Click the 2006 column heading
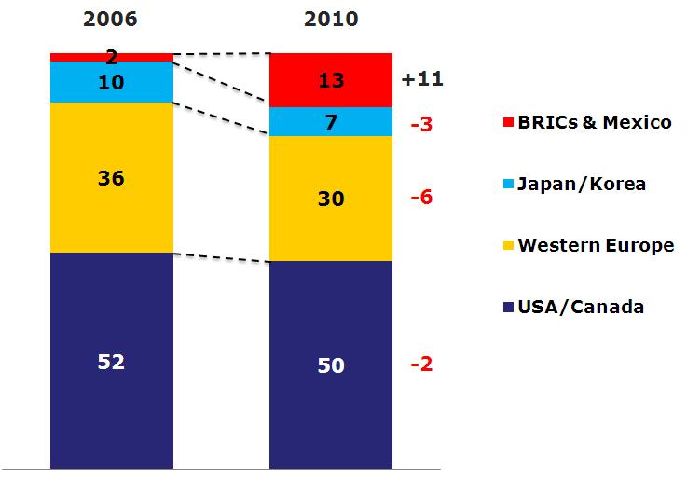click(110, 20)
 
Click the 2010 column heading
click(331, 20)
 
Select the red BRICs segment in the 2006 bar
click(112, 58)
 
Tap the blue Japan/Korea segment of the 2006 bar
click(112, 82)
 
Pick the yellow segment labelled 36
click(112, 177)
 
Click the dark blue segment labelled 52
click(112, 361)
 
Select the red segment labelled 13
click(331, 80)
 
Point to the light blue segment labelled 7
click(331, 122)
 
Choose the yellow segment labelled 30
click(331, 199)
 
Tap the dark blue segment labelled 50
click(331, 365)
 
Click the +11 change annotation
click(422, 79)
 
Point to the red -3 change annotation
click(421, 124)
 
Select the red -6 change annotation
click(421, 197)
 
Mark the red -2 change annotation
click(421, 364)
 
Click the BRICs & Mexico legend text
click(595, 122)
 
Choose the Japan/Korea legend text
click(582, 184)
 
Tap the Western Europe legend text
click(596, 245)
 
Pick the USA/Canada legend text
click(581, 307)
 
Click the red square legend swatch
click(508, 122)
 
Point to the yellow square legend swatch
click(508, 245)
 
